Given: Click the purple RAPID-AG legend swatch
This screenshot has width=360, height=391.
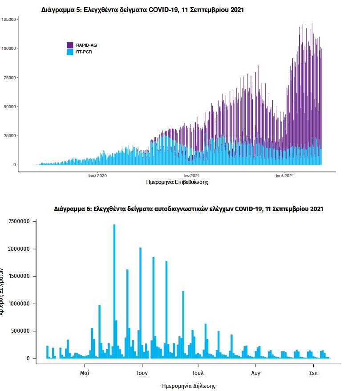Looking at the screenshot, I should coord(70,45).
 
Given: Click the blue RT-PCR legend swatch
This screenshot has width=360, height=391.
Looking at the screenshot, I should coord(70,52).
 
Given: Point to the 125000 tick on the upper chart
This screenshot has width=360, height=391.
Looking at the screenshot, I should coord(9,19).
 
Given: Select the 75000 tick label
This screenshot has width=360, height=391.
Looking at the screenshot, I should coord(9,78).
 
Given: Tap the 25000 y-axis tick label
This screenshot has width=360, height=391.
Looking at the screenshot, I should coord(9,136).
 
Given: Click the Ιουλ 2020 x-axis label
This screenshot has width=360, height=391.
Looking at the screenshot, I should coord(98,175).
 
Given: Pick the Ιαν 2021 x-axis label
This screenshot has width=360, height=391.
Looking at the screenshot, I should coord(192,175).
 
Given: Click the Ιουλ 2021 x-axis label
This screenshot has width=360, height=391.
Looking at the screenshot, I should coord(285,175).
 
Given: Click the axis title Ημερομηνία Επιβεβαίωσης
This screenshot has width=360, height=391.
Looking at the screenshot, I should coord(177,182).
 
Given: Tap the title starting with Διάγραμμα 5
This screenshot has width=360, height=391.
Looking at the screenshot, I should coord(142,10).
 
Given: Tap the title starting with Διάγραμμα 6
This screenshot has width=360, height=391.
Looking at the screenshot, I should coord(188,208).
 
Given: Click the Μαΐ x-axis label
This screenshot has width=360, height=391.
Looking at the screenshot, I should coord(85,372).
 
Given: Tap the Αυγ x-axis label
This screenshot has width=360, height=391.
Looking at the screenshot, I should coord(255,372).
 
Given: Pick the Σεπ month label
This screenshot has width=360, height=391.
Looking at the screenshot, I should coord(313,372).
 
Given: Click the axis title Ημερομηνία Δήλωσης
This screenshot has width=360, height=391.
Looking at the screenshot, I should coord(189,386).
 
